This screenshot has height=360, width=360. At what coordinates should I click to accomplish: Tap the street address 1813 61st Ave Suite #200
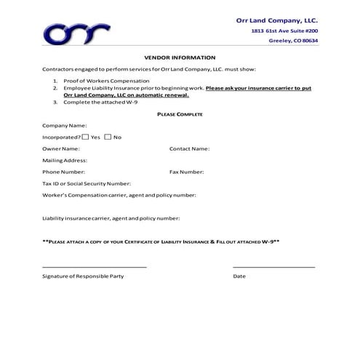click(x=284, y=31)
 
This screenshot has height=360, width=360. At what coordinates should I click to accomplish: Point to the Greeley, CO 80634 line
click(x=293, y=41)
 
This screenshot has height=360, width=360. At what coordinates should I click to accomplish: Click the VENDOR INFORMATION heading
click(x=180, y=57)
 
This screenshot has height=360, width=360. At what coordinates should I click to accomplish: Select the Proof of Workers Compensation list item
click(x=106, y=80)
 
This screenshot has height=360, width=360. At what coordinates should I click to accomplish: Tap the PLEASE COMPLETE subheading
click(x=180, y=114)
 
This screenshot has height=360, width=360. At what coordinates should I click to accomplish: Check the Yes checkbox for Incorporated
click(x=85, y=136)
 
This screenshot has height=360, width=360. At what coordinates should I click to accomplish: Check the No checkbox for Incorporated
click(x=108, y=136)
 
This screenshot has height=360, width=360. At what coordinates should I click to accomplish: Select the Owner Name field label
click(x=61, y=148)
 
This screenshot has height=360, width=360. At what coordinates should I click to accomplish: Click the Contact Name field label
click(x=189, y=148)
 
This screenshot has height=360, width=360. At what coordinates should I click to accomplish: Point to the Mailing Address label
click(x=65, y=160)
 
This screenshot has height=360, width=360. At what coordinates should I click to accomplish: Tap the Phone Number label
click(x=63, y=172)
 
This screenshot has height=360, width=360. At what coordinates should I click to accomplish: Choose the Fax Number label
click(x=186, y=172)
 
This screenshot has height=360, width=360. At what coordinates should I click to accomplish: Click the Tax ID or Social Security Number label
click(x=87, y=183)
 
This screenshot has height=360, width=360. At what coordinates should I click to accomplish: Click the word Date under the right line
click(x=239, y=276)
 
